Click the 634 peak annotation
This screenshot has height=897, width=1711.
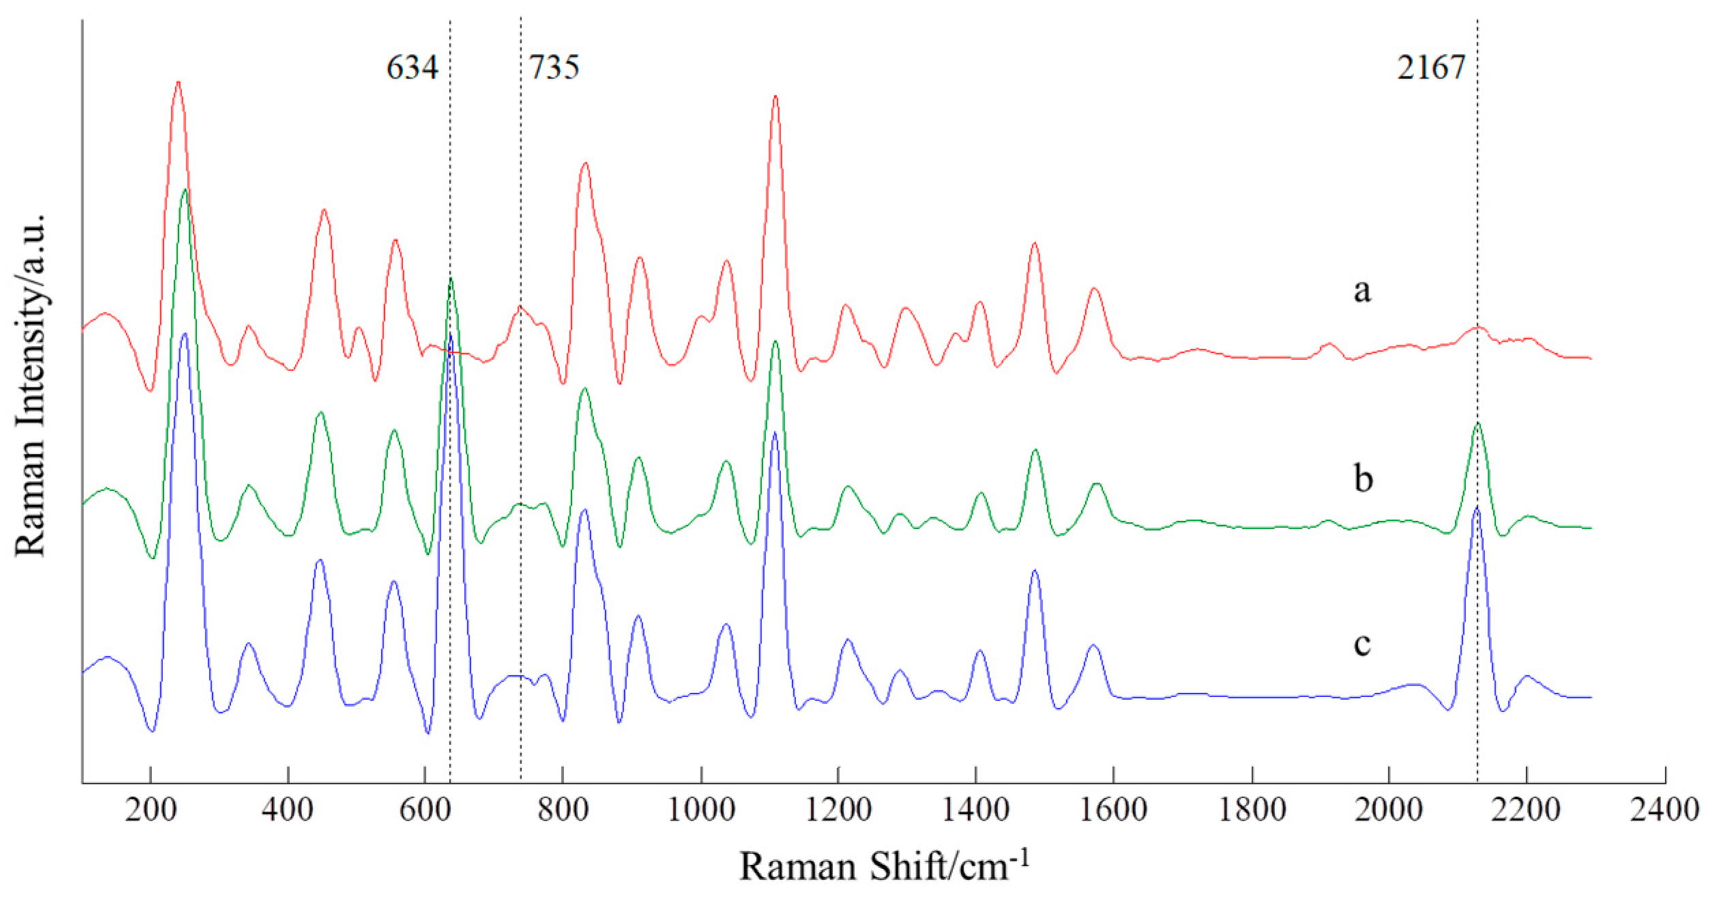click(412, 68)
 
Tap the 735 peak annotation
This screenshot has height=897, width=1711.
click(554, 68)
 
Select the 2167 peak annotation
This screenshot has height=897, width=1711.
click(1431, 68)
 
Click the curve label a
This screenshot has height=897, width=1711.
click(1362, 291)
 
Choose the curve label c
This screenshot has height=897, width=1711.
click(1362, 643)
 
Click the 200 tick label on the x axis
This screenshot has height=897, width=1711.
click(150, 810)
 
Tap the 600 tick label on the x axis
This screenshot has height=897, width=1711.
click(425, 810)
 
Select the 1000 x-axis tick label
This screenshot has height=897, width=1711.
click(701, 810)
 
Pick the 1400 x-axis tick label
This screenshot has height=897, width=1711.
click(976, 810)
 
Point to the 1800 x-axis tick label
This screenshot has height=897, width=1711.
click(1253, 810)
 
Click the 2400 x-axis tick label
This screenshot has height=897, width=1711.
click(1665, 810)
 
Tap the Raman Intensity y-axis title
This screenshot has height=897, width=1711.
click(31, 385)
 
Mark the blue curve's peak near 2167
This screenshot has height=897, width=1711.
click(1477, 508)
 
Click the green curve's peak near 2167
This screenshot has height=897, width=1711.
click(1478, 424)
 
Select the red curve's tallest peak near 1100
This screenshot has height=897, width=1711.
click(775, 97)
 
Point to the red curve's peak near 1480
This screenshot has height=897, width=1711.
click(1035, 244)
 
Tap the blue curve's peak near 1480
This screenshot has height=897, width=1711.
click(1035, 570)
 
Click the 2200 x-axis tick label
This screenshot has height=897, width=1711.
click(1527, 810)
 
